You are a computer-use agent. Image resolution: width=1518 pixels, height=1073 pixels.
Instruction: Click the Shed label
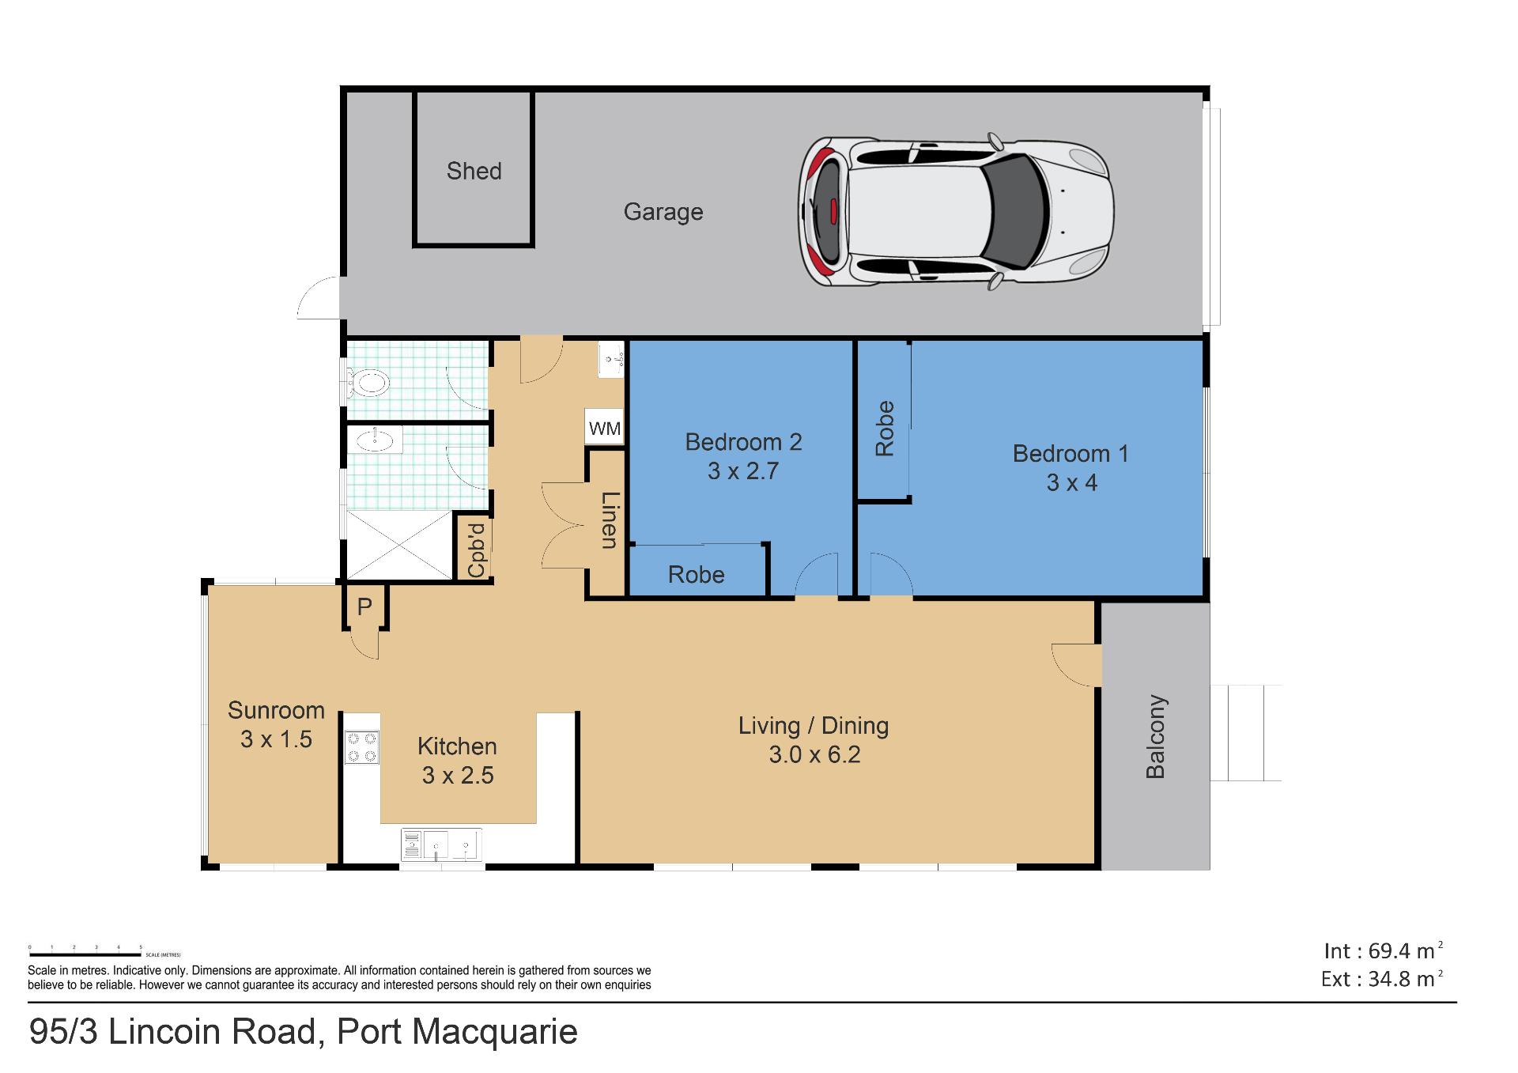[474, 171]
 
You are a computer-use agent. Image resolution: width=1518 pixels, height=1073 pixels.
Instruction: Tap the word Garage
[663, 212]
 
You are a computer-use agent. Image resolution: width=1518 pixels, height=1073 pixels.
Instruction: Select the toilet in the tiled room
[368, 384]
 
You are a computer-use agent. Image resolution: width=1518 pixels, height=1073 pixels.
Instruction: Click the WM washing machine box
[605, 429]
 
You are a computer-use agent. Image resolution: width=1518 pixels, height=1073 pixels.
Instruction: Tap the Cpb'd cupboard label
[476, 550]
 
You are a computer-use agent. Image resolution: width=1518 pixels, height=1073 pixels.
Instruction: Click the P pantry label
[364, 606]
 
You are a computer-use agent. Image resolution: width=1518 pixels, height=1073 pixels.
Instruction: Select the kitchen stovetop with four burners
[361, 747]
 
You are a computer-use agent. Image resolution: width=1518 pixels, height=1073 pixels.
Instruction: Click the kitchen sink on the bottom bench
[441, 844]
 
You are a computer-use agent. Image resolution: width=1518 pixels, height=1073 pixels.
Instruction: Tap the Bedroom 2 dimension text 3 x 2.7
[743, 471]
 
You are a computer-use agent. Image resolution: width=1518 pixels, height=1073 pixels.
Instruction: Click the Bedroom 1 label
[1071, 453]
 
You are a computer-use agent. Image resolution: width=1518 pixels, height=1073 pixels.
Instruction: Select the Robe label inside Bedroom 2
[696, 575]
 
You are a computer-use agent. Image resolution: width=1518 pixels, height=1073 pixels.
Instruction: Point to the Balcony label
[1155, 736]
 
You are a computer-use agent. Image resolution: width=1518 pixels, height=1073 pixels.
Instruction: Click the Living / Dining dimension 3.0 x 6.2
[814, 754]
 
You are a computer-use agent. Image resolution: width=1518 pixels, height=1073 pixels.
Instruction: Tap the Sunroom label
[276, 710]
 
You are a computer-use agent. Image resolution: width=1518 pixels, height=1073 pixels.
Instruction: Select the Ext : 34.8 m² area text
[1382, 979]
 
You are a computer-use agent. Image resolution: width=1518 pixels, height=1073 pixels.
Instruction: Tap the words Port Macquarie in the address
[458, 1032]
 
